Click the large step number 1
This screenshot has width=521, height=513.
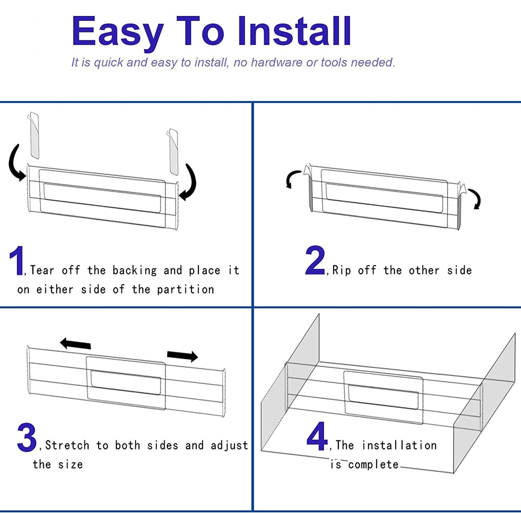pyautogui.click(x=17, y=261)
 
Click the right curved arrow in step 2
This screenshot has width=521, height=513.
pyautogui.click(x=477, y=198)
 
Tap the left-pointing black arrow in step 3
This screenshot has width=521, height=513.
pyautogui.click(x=75, y=344)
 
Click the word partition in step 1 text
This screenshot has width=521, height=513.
pyautogui.click(x=185, y=290)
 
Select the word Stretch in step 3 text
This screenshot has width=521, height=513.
pyautogui.click(x=67, y=445)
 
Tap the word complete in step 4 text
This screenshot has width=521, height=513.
pyautogui.click(x=373, y=465)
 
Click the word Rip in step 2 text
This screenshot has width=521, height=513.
pyautogui.click(x=341, y=270)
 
